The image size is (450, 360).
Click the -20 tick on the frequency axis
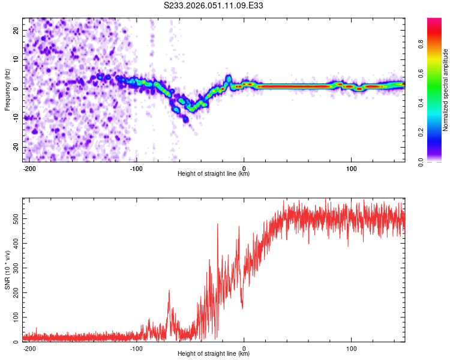[15, 147]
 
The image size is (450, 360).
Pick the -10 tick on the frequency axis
[15, 118]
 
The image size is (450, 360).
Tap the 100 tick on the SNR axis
[14, 316]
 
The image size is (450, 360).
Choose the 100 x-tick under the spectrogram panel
[351, 169]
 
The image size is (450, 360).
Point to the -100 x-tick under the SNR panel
[136, 348]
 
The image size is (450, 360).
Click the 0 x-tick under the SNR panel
[244, 348]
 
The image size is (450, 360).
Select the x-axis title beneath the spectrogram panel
[214, 174]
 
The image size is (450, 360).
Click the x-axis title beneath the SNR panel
[214, 354]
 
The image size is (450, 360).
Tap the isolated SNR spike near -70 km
[169, 292]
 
